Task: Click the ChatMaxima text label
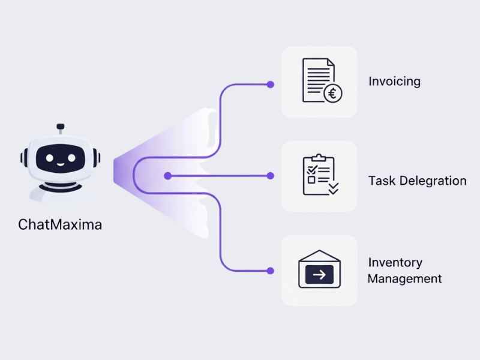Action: pos(60,225)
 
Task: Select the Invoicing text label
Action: pos(394,82)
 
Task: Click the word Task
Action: pos(381,181)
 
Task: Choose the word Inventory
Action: pos(395,263)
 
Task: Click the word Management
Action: pos(404,279)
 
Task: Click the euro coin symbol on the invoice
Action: pos(332,94)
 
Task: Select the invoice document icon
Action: pos(317,80)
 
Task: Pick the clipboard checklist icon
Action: pos(319,175)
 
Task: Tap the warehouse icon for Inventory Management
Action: pos(319,270)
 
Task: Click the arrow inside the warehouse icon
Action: pos(319,275)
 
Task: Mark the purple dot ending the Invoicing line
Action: pos(270,84)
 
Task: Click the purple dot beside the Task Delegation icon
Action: pos(270,176)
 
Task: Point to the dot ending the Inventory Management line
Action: pos(270,271)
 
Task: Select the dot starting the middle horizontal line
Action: pos(167,176)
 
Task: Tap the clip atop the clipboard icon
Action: pos(319,158)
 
